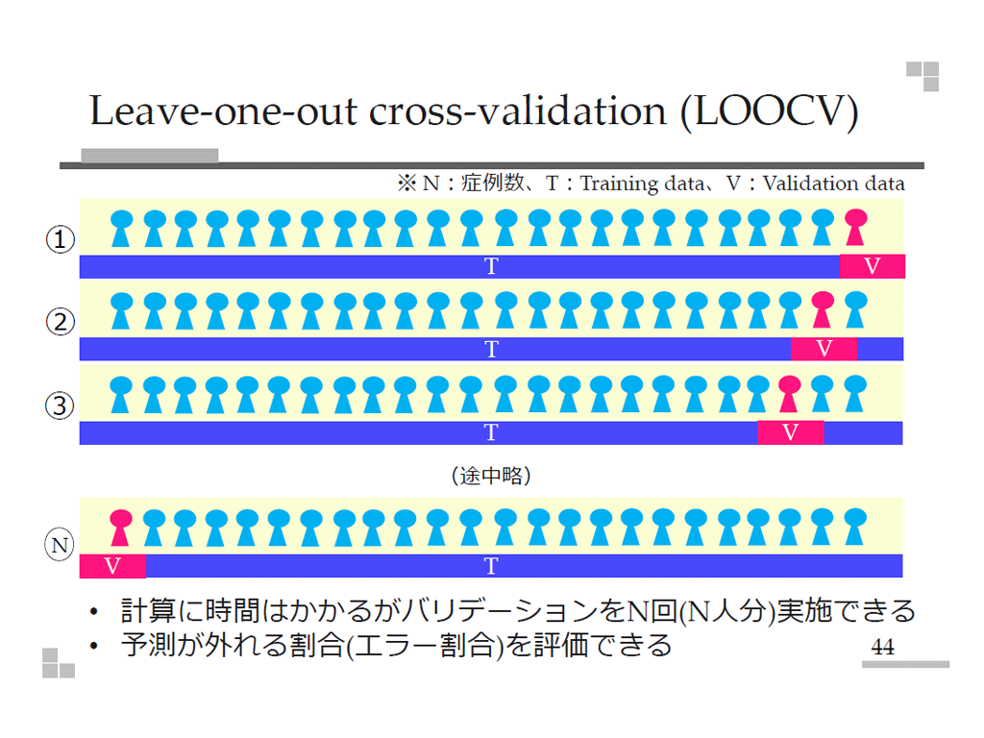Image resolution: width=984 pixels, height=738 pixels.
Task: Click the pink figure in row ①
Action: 853,228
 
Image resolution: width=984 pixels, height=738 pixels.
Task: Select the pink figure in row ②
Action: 822,309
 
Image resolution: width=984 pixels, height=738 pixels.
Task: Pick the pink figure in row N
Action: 120,527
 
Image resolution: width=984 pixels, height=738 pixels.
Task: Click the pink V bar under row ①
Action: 873,267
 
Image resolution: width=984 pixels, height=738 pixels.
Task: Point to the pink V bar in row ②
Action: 824,349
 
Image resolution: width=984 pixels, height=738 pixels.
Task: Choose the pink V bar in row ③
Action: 790,432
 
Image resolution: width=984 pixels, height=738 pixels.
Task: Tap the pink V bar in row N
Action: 112,566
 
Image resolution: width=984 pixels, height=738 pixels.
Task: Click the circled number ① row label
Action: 61,240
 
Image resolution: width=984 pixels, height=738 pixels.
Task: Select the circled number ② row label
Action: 61,322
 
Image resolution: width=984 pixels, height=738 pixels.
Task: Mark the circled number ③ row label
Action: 61,406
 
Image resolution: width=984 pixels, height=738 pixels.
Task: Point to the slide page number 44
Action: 882,648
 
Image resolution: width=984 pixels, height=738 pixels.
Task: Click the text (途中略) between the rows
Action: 491,475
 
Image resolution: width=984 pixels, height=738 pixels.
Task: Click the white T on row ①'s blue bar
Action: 491,267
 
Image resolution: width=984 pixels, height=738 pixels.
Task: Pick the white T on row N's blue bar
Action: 491,566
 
